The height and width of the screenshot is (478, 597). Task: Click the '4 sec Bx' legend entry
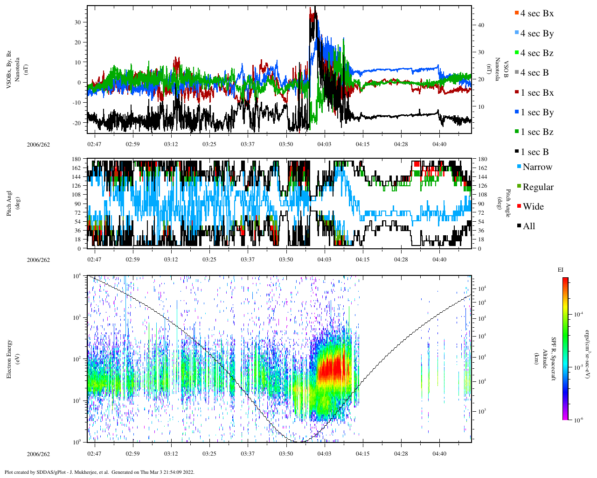click(536, 14)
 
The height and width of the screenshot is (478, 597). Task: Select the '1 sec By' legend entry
click(536, 112)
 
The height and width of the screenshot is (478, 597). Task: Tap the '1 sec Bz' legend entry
click(536, 132)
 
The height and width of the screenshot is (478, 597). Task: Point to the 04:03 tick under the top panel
click(324, 144)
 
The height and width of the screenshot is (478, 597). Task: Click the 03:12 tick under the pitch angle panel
click(171, 259)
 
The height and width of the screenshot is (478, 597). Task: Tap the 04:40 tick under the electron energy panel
click(439, 454)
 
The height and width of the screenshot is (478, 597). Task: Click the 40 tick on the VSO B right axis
click(479, 25)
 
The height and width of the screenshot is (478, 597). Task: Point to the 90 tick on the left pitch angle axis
click(77, 204)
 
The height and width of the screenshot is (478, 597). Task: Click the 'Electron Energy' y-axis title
click(9, 358)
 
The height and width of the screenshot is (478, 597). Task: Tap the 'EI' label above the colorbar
click(561, 270)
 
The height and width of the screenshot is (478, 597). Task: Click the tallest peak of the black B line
click(315, 8)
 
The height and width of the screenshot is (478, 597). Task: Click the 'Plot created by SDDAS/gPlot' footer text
click(99, 472)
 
